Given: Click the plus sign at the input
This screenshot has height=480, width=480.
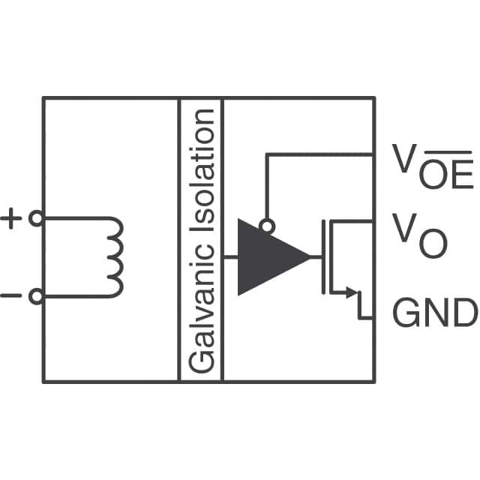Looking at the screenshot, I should [x=11, y=219].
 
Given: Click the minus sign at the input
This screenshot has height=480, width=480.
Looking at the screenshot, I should [x=11, y=296].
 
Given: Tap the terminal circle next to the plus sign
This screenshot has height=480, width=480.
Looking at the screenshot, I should [x=35, y=219].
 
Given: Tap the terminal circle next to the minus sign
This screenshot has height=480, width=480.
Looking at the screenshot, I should [x=35, y=297].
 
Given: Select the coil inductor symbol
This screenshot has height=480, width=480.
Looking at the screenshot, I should [x=115, y=257].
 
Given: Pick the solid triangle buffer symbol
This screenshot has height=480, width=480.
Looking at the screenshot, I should [x=266, y=257].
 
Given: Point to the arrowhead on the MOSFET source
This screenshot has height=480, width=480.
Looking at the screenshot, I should [x=349, y=293].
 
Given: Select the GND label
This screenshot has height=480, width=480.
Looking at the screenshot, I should [x=434, y=313].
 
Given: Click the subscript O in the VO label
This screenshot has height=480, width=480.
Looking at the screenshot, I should [x=433, y=244].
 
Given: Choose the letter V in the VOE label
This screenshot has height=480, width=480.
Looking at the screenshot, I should [x=404, y=157].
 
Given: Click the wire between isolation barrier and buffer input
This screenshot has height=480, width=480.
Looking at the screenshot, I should [x=230, y=257].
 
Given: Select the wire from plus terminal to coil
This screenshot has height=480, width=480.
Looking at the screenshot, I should [x=75, y=219].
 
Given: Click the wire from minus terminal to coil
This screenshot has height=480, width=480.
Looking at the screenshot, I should [x=75, y=297].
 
